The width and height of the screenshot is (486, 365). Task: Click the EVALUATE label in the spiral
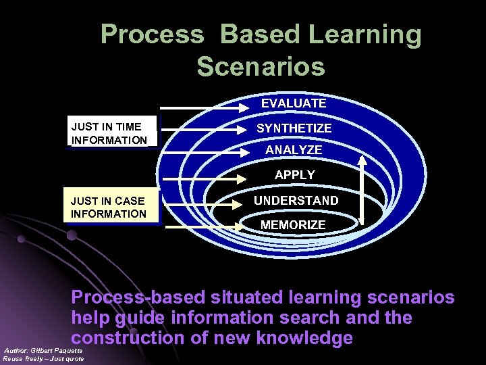click(294, 103)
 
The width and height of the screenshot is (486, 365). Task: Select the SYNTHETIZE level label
click(294, 128)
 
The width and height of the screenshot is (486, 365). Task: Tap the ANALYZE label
click(294, 149)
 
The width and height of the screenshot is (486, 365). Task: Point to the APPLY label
click(294, 174)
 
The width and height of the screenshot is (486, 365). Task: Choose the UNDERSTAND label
click(296, 201)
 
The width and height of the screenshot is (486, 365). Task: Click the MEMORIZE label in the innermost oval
click(293, 224)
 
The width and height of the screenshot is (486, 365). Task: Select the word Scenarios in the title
click(261, 67)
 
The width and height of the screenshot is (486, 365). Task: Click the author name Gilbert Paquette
click(58, 350)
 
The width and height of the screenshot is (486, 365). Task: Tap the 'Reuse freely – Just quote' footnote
click(43, 358)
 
